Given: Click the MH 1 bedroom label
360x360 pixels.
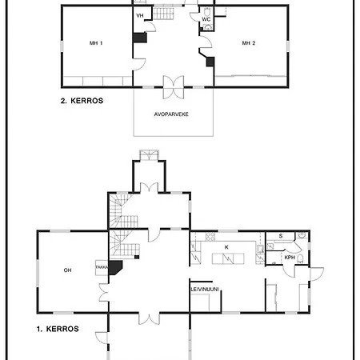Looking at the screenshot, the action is pyautogui.click(x=96, y=43).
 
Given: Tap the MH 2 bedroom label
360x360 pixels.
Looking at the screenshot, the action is pyautogui.click(x=249, y=43).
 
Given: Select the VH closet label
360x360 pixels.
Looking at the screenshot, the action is pyautogui.click(x=140, y=16).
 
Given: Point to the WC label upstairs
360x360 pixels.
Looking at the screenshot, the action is pyautogui.click(x=206, y=19).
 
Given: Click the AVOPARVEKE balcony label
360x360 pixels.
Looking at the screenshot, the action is pyautogui.click(x=171, y=114).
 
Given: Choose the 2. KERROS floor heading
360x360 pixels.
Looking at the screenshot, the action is pyautogui.click(x=82, y=101).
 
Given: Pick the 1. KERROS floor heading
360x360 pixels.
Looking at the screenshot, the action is pyautogui.click(x=58, y=329).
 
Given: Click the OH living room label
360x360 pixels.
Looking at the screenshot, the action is pyautogui.click(x=67, y=270).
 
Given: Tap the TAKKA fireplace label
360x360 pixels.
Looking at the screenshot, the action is pyautogui.click(x=102, y=267).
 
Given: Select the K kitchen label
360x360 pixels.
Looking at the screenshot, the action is pyautogui.click(x=226, y=247).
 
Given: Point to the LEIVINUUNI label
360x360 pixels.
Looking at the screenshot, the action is pyautogui.click(x=205, y=290).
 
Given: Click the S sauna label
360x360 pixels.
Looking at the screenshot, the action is pyautogui.click(x=281, y=236).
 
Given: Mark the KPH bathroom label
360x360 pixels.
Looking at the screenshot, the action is pyautogui.click(x=290, y=258).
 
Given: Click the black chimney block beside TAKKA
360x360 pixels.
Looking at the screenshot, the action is pyautogui.click(x=114, y=267).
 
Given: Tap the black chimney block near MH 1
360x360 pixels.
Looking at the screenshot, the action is pyautogui.click(x=140, y=38).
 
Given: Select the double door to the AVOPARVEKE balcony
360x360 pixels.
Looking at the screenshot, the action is pyautogui.click(x=174, y=87).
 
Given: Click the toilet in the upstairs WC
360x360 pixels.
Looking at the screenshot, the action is pyautogui.click(x=207, y=11).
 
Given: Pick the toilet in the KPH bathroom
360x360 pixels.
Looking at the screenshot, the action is pyautogui.click(x=300, y=258).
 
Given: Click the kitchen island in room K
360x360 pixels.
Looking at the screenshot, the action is pyautogui.click(x=228, y=258).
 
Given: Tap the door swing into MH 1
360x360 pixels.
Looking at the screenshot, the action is pyautogui.click(x=140, y=65).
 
